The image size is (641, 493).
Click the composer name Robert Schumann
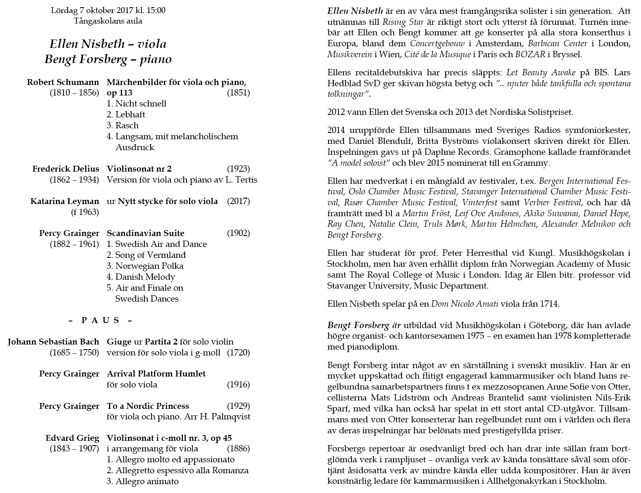coord(63,82)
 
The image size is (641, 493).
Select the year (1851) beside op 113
coord(238,93)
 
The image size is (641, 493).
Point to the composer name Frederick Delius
coord(66,169)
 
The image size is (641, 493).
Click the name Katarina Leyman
coord(65,201)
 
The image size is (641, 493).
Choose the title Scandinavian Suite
coord(146,233)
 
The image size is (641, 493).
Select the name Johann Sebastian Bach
coord(53,342)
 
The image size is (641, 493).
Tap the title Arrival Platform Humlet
coord(156,374)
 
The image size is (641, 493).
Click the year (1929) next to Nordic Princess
coord(238,406)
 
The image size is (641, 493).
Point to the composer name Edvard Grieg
coord(72,438)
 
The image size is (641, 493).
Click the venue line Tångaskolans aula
coord(108,21)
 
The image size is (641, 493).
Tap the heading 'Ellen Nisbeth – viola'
coord(108,44)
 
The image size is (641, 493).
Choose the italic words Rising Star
coord(397,22)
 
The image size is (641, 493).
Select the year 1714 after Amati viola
coord(548,304)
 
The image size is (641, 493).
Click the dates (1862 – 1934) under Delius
coord(74,180)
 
